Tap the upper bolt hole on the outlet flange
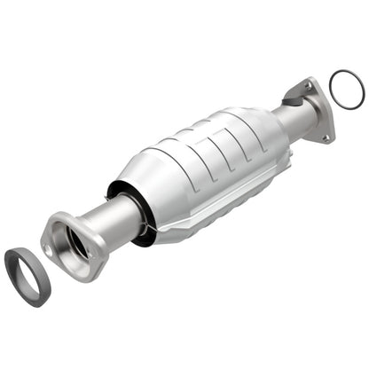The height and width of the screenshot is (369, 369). pyautogui.click(x=309, y=85)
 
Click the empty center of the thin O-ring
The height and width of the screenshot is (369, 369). pyautogui.click(x=346, y=86)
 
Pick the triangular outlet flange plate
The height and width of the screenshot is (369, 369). pyautogui.click(x=318, y=112)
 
